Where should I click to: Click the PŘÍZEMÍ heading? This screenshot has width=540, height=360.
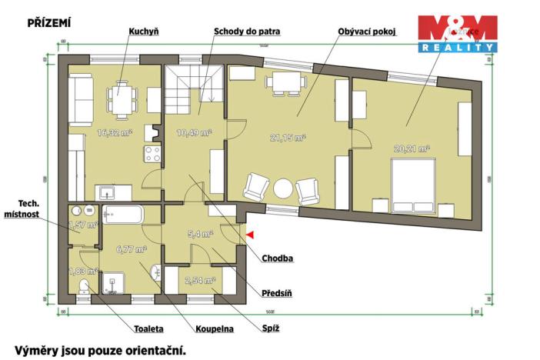point(49,23)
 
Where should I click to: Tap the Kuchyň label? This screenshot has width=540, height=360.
point(143,32)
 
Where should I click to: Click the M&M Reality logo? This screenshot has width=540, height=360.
point(457,34)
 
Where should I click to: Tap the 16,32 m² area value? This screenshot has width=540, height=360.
point(115,132)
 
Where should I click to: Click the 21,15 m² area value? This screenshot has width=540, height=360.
point(288,138)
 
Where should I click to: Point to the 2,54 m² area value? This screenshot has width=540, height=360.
point(201,281)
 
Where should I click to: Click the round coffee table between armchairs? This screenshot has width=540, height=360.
point(284,188)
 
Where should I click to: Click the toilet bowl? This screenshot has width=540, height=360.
point(83,286)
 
